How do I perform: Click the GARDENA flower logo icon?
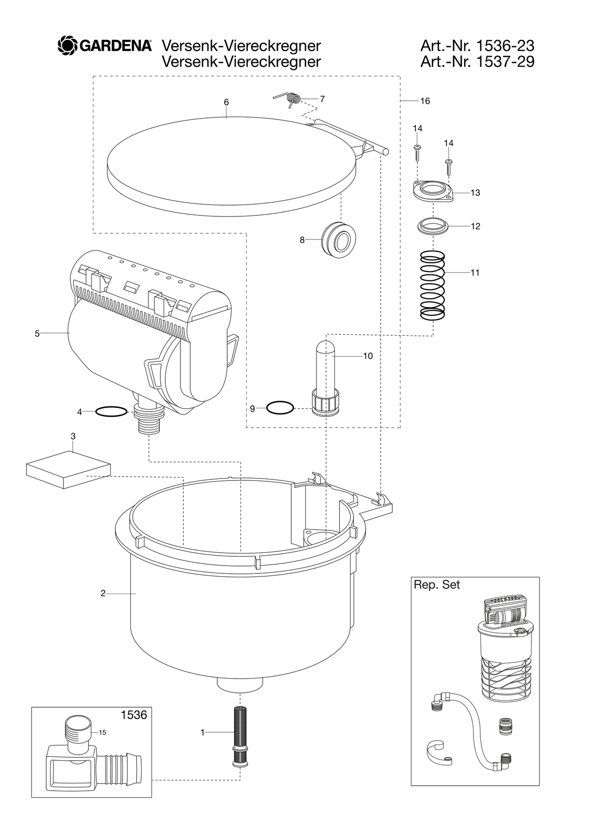coord(67,45)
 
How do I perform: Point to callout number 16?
coord(425,101)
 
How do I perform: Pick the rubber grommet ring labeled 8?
coord(338,239)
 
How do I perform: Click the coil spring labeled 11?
coord(433,285)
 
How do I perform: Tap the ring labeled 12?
coord(433,226)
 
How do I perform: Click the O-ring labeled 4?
coord(111,412)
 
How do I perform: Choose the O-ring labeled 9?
coord(280,408)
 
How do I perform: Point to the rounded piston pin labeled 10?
coord(325,378)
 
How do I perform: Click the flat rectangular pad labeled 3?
coord(68,470)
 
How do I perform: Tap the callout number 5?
coord(37,333)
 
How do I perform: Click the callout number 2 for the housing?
coord(103,594)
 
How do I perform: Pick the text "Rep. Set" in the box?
coord(437,585)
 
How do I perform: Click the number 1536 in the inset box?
coord(134,715)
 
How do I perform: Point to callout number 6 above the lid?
coord(226,102)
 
